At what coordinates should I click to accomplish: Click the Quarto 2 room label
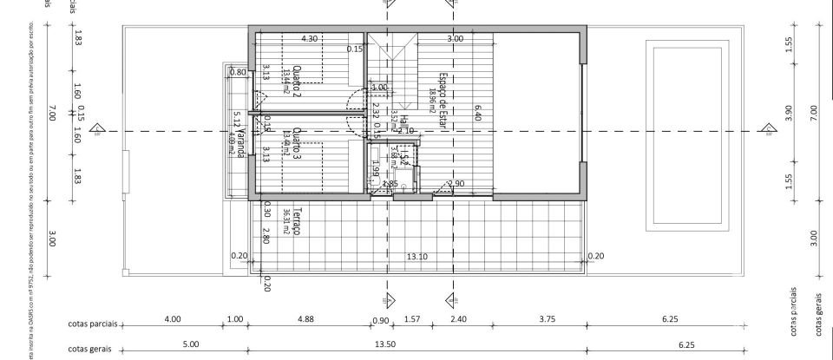[x=297, y=82]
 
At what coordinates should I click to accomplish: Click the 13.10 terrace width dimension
[x=418, y=256]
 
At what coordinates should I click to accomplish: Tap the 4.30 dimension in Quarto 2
[x=309, y=39]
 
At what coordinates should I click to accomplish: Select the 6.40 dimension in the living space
[x=476, y=111]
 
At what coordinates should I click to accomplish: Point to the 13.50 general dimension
[x=384, y=344]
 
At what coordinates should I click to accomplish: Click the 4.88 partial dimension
[x=305, y=319]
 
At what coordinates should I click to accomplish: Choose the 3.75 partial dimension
[x=547, y=319]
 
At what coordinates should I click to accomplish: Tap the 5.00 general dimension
[x=192, y=344]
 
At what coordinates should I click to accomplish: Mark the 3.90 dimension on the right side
[x=789, y=112]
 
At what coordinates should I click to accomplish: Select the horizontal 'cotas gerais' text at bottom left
[x=92, y=349]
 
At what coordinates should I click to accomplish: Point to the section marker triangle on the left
[x=98, y=131]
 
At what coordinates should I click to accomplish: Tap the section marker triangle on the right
[x=767, y=130]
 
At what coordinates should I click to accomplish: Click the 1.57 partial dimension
[x=414, y=319]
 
